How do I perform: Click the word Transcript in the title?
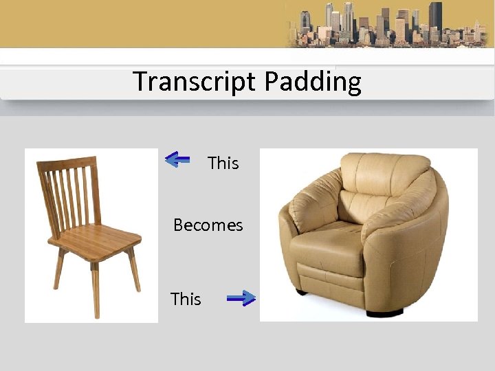[195, 81]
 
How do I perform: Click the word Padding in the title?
[312, 82]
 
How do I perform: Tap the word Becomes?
[208, 225]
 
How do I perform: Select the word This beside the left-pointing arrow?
[223, 163]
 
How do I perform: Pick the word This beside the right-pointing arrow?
[186, 299]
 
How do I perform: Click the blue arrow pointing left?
[177, 160]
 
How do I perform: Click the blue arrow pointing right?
[241, 297]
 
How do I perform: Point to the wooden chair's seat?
[95, 240]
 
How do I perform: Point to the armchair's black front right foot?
[385, 313]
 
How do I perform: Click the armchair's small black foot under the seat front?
[301, 291]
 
